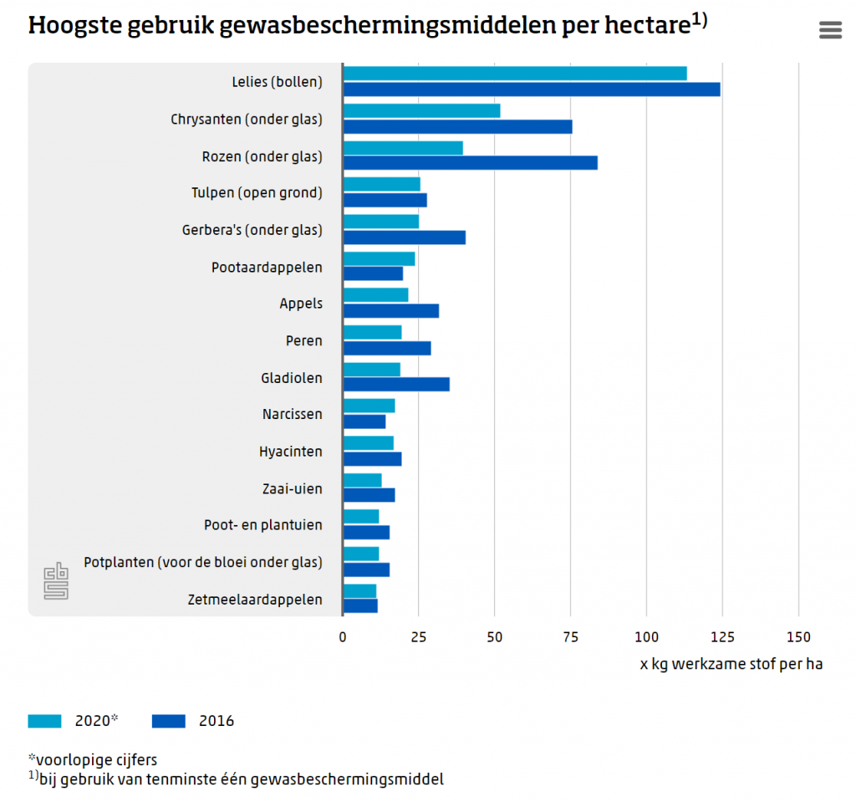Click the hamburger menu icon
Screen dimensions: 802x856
(830, 30)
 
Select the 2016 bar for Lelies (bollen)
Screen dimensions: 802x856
(532, 89)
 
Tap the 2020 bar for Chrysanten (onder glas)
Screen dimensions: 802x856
(421, 110)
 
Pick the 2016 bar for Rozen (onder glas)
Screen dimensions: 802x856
(470, 163)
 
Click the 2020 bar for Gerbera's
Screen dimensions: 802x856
(381, 222)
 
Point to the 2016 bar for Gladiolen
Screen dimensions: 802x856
(396, 385)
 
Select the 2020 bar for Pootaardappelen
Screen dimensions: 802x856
(379, 258)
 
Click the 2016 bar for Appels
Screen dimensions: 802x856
(391, 311)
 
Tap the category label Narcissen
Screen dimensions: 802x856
(292, 414)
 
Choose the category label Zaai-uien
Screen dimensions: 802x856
(291, 488)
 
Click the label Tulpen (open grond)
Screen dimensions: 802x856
(257, 193)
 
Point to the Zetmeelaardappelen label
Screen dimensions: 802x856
(256, 600)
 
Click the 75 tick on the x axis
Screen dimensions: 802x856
(571, 637)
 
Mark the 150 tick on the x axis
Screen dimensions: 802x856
(798, 637)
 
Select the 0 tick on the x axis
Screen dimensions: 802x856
(343, 637)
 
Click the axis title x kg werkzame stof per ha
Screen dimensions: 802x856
(731, 665)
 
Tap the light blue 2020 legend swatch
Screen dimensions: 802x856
(44, 721)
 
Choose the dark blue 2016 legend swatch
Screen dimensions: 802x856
(169, 721)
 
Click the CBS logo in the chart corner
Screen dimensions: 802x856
(56, 580)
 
